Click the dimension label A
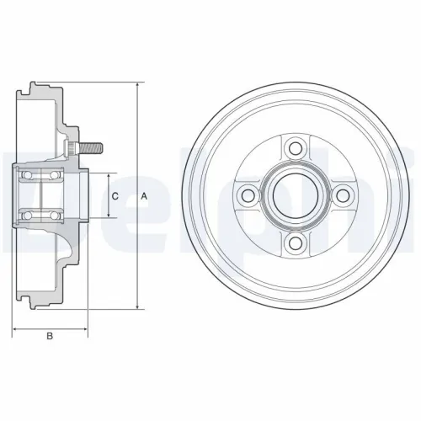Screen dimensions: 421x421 pyautogui.click(x=144, y=195)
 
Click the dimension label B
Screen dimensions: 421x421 pyautogui.click(x=50, y=336)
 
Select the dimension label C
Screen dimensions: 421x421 pyautogui.click(x=115, y=195)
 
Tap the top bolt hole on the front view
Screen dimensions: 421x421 pyautogui.click(x=294, y=149)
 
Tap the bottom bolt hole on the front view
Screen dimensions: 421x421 pyautogui.click(x=294, y=243)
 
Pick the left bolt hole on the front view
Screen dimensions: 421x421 pyautogui.click(x=247, y=196)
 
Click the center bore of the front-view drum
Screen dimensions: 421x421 pyautogui.click(x=294, y=196)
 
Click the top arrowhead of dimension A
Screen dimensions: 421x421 pyautogui.click(x=136, y=86)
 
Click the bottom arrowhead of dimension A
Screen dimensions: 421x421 pyautogui.click(x=136, y=306)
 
